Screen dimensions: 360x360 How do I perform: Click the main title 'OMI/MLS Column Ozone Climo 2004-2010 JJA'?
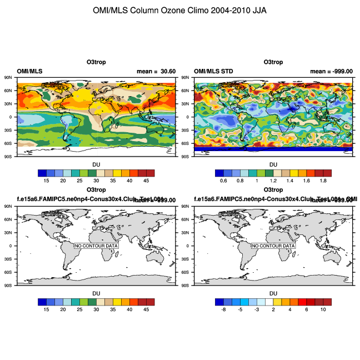pyautogui.click(x=180, y=11)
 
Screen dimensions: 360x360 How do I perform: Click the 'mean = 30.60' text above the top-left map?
pyautogui.click(x=156, y=71)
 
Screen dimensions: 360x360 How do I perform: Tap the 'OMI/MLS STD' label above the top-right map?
pyautogui.click(x=213, y=71)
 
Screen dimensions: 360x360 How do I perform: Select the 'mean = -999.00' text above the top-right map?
pyautogui.click(x=331, y=71)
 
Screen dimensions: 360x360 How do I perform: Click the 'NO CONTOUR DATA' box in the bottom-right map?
pyautogui.click(x=273, y=246)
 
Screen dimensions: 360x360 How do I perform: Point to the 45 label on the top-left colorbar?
pyautogui.click(x=146, y=181)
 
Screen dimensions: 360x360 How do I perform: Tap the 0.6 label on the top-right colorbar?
pyautogui.click(x=223, y=181)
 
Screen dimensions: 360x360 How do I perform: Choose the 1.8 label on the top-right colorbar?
pyautogui.click(x=323, y=181)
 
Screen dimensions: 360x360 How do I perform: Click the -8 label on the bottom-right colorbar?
pyautogui.click(x=223, y=309)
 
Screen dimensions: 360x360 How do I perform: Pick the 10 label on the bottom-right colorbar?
pyautogui.click(x=323, y=309)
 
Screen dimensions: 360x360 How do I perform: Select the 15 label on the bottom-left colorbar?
pyautogui.click(x=47, y=309)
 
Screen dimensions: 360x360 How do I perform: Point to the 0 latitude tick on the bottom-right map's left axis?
pyautogui.click(x=189, y=246)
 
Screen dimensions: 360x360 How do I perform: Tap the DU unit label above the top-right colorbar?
pyautogui.click(x=273, y=164)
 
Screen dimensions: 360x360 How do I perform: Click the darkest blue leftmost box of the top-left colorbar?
pyautogui.click(x=43, y=173)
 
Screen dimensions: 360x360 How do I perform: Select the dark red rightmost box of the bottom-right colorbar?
pyautogui.click(x=327, y=302)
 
